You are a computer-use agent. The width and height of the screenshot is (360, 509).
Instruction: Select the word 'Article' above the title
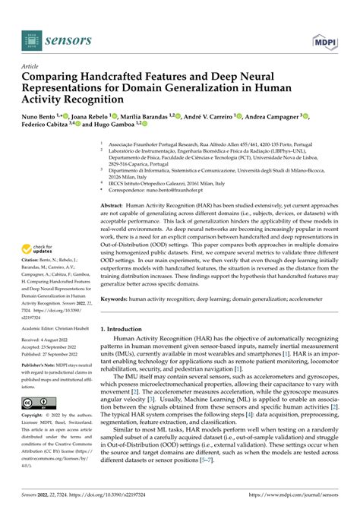(33, 67)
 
